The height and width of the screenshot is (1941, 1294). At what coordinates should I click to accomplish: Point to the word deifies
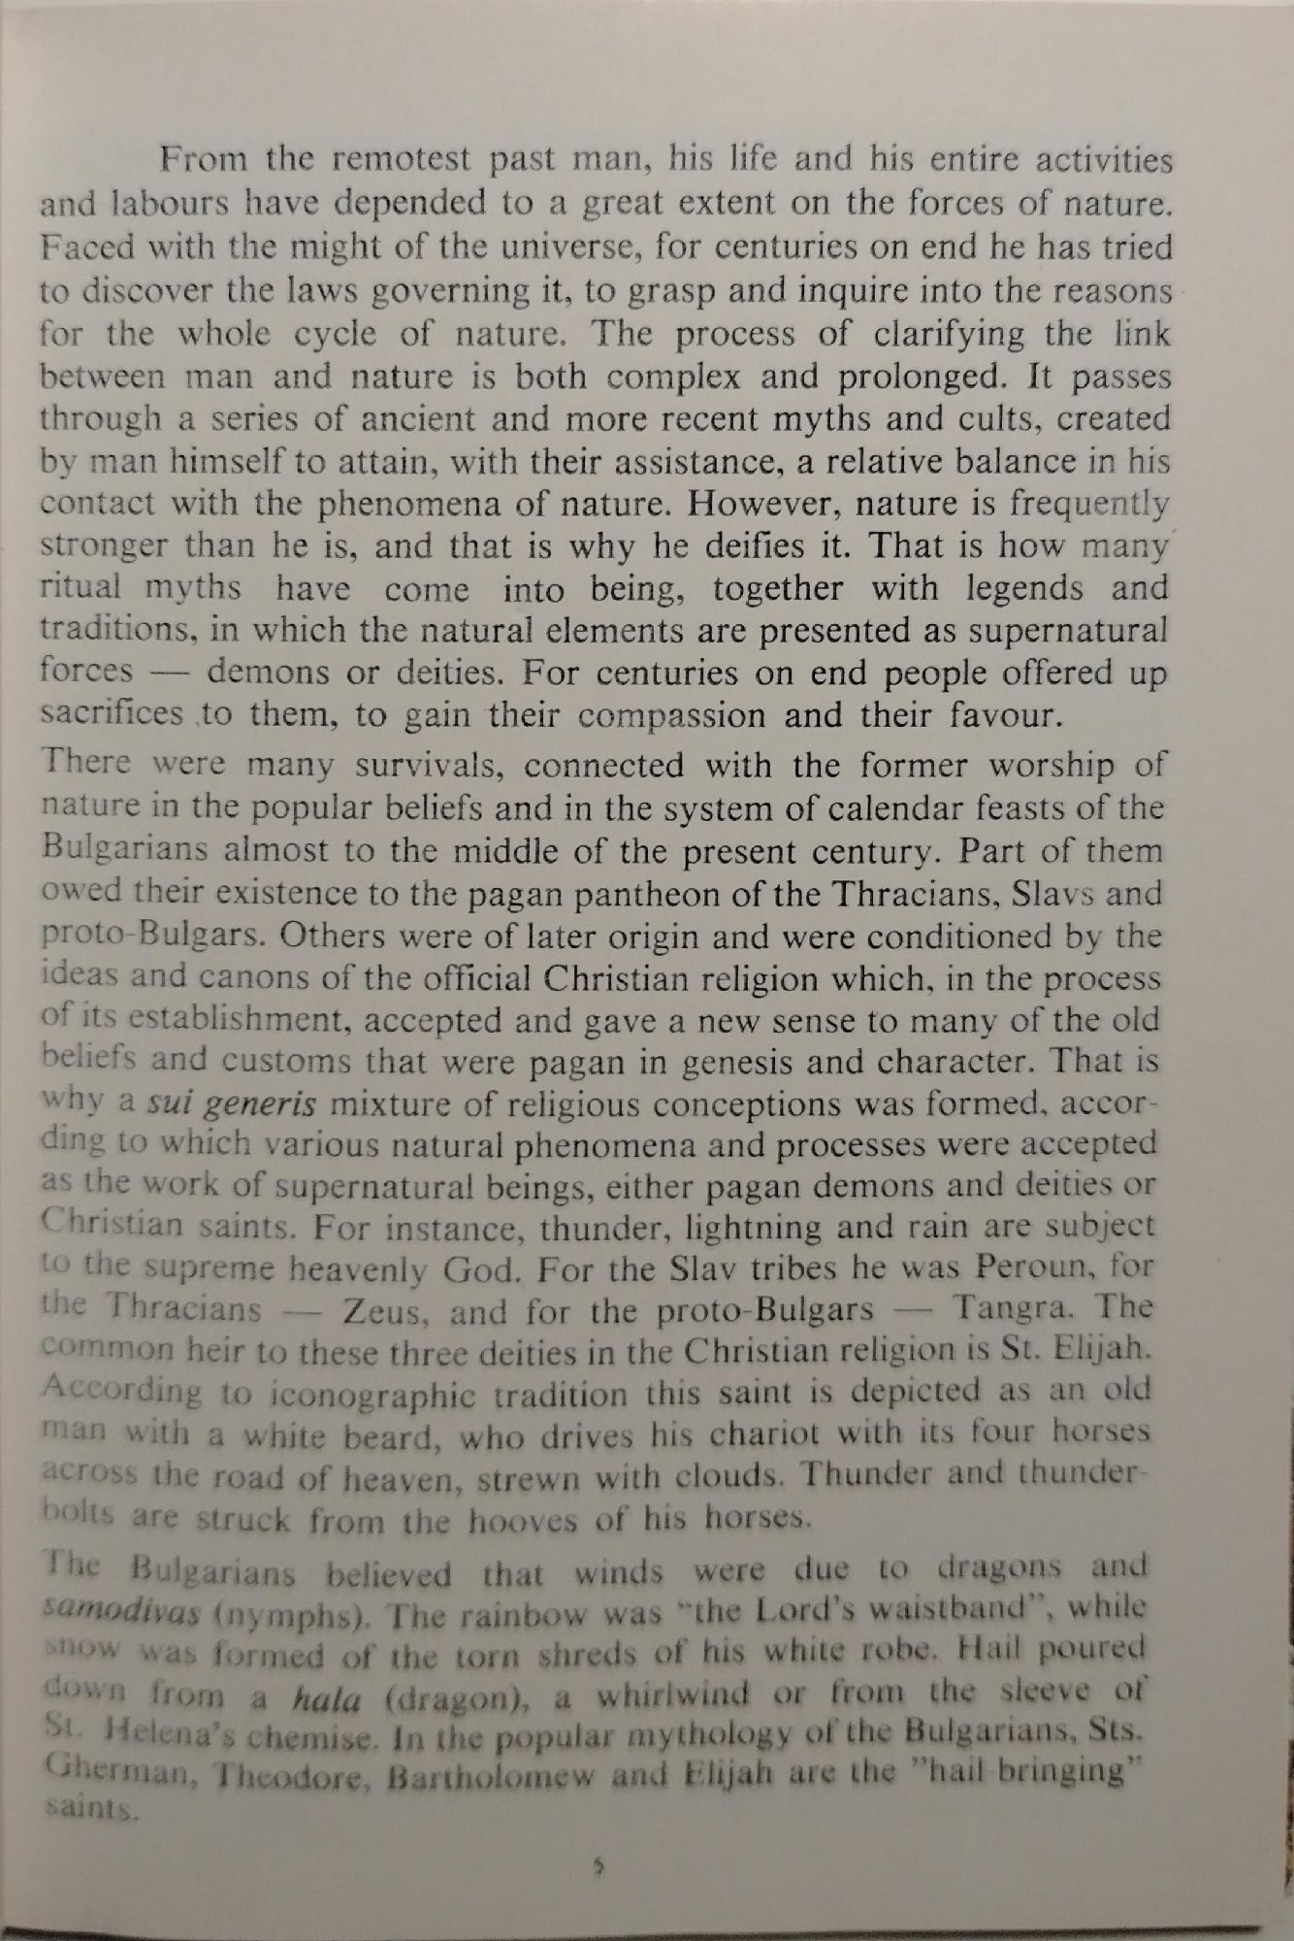pos(735,545)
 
